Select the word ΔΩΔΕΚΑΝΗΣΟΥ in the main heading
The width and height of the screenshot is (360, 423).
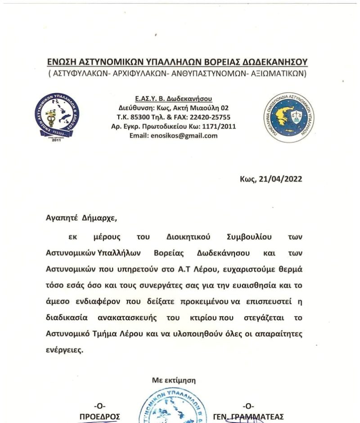pyautogui.click(x=275, y=62)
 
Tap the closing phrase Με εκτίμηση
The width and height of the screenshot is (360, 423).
pyautogui.click(x=174, y=381)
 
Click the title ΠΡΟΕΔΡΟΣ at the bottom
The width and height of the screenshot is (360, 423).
pyautogui.click(x=99, y=416)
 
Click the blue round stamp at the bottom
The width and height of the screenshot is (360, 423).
pyautogui.click(x=174, y=407)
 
